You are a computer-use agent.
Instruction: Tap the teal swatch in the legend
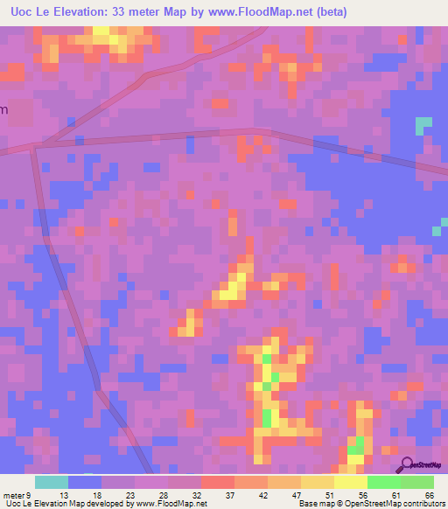point(51,482)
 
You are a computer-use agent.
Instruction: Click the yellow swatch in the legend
point(350,482)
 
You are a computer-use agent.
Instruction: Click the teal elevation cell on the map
point(423,124)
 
